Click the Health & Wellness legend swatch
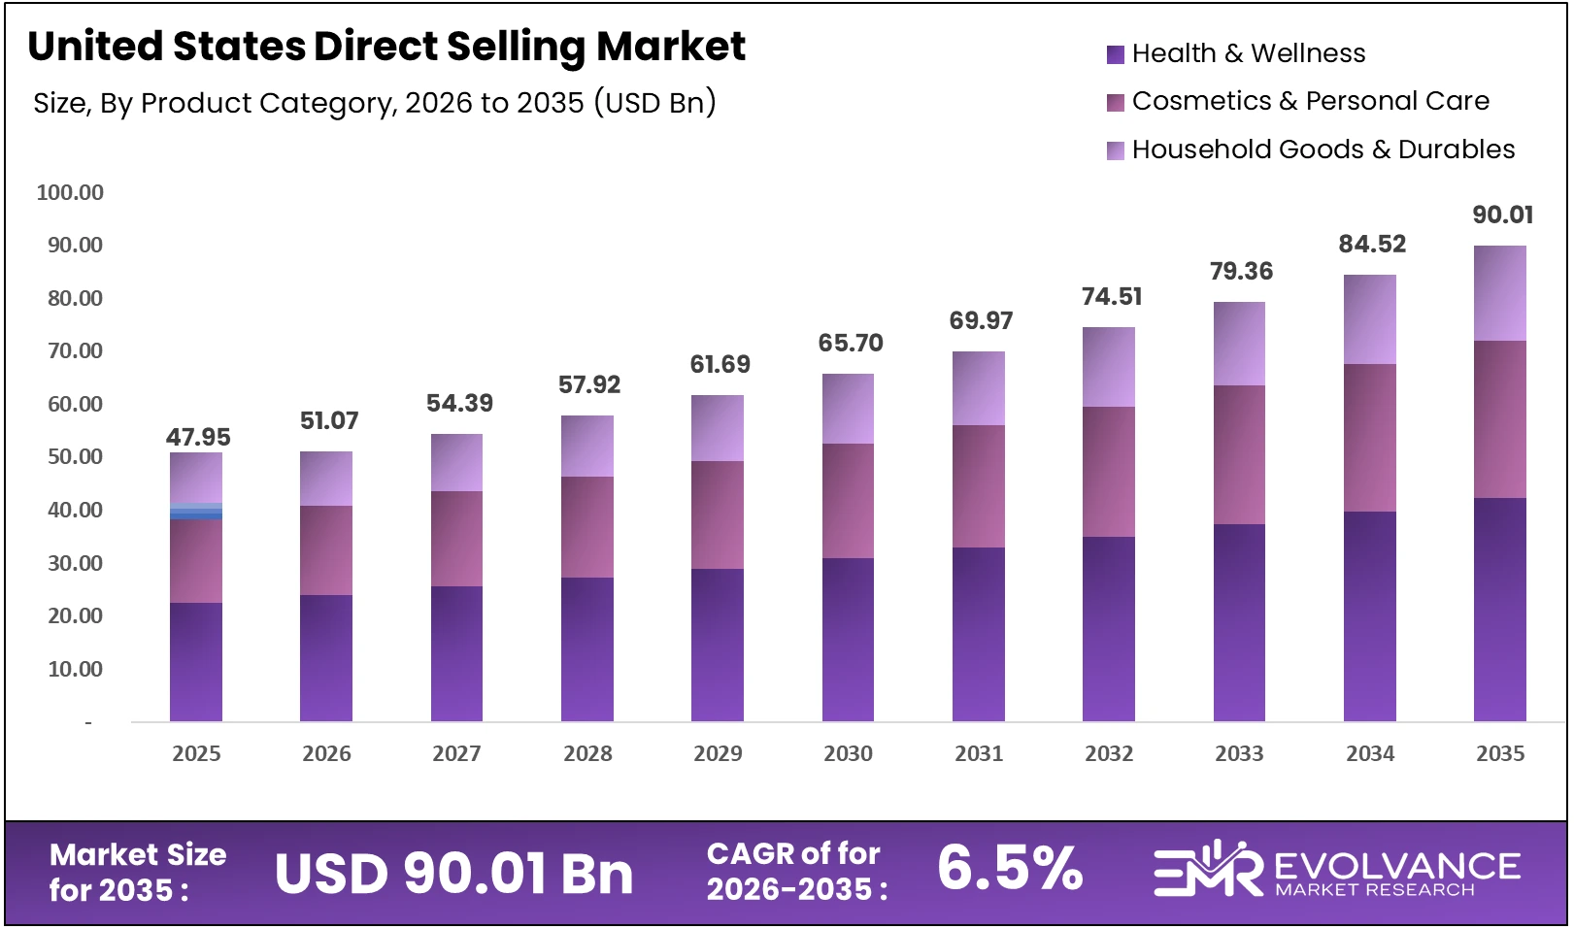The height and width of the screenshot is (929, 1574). (1115, 54)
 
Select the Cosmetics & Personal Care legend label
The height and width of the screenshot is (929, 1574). (1310, 101)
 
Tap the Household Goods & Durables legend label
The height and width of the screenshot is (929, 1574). (1323, 149)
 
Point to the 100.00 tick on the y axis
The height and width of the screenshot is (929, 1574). (70, 192)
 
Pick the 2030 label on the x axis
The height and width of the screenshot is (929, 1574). (848, 753)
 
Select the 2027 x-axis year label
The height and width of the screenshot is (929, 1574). (456, 753)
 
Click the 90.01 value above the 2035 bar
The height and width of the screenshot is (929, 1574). (1502, 215)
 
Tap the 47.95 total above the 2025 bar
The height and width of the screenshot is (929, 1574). (198, 437)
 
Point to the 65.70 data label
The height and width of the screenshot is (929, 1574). (851, 343)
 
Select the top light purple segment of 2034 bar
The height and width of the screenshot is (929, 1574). (1369, 319)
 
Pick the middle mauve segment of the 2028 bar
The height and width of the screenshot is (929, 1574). (587, 527)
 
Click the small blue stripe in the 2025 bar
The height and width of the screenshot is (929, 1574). (196, 512)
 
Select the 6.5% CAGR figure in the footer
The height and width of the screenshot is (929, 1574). (1010, 868)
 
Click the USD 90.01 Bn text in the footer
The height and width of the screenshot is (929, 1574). (453, 874)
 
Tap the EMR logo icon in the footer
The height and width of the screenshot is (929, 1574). (1207, 869)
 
